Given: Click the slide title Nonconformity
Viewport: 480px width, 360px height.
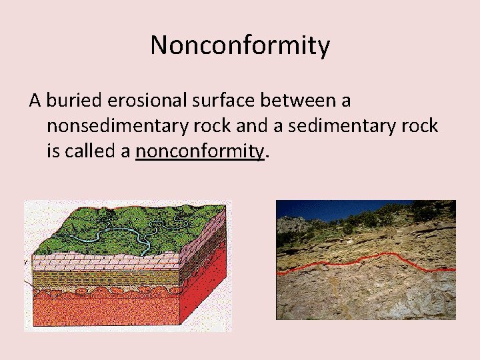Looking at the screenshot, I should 240,45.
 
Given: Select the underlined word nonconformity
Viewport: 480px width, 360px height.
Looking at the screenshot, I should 199,152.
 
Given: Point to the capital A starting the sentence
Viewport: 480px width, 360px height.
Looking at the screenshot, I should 35,101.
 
